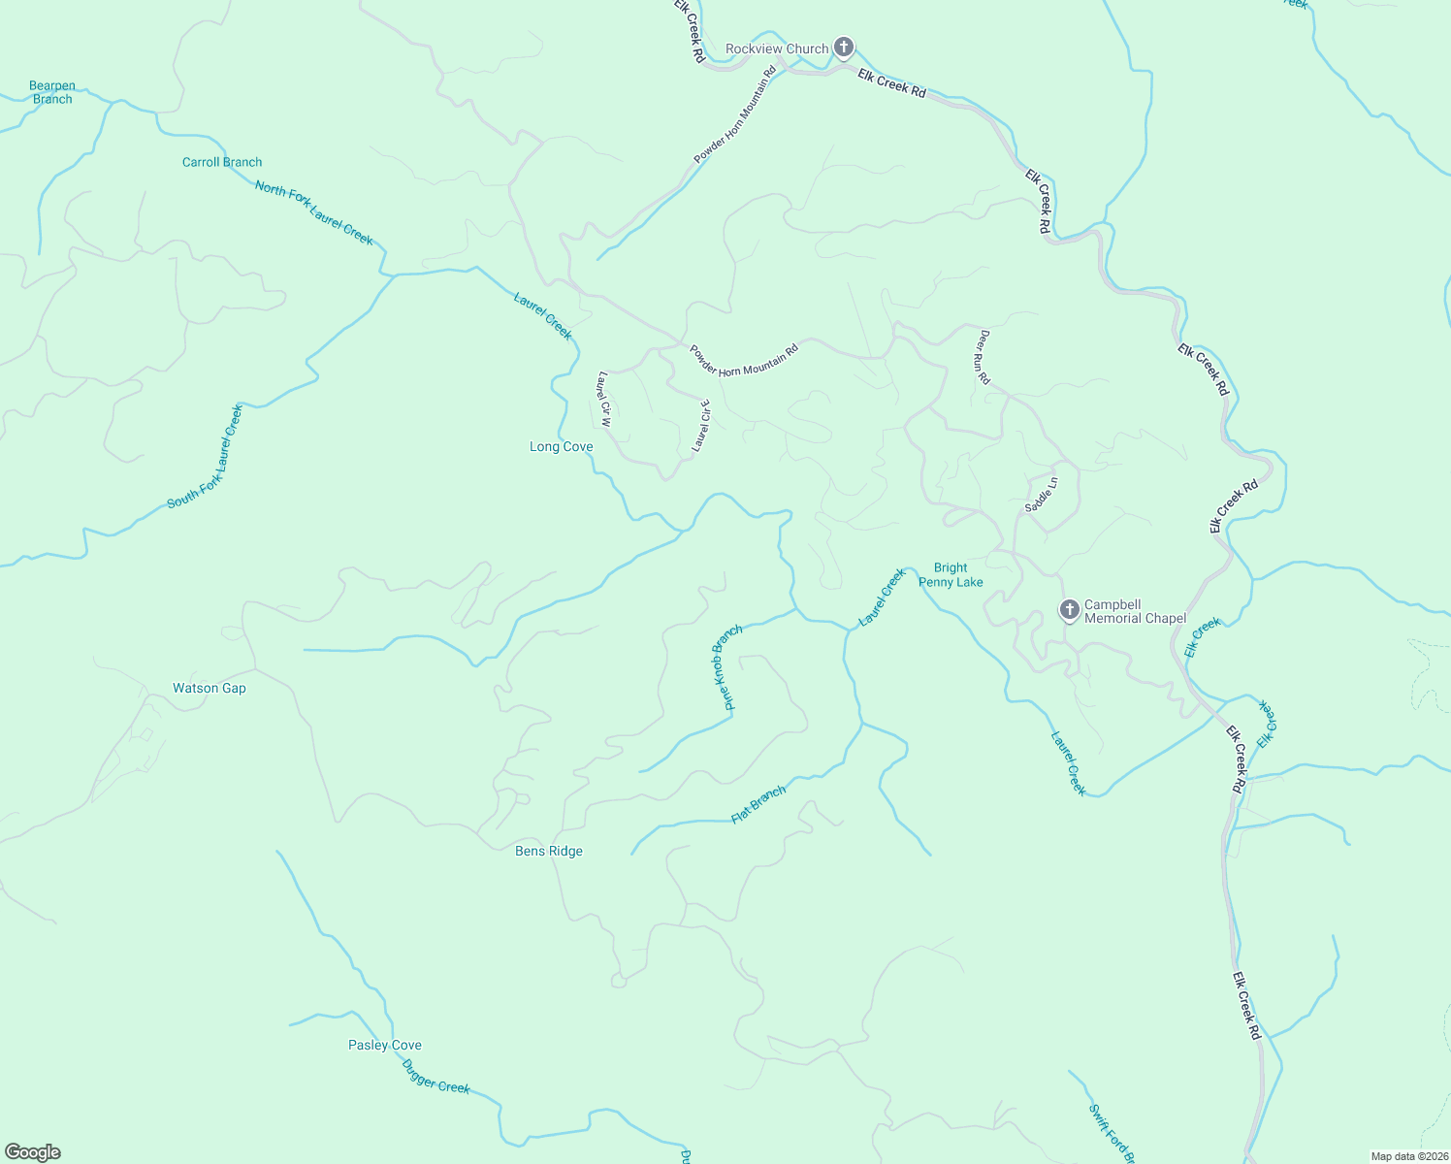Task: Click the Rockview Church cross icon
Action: (x=844, y=48)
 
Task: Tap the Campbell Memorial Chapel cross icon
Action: (x=1069, y=610)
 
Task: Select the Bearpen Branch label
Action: (x=52, y=92)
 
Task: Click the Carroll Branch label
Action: (x=222, y=162)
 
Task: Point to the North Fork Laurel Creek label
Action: (x=313, y=212)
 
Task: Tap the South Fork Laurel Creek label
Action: (x=205, y=456)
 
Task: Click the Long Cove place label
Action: (x=561, y=447)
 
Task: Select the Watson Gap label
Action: (x=210, y=689)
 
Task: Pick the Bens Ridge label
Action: (x=549, y=852)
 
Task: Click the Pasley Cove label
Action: (x=385, y=1046)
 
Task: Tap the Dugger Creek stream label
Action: (x=435, y=1076)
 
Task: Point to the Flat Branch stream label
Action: (x=758, y=805)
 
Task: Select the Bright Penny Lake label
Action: (x=951, y=575)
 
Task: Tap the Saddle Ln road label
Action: (x=1042, y=495)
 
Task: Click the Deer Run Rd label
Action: (x=983, y=357)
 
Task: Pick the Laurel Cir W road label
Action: (x=605, y=400)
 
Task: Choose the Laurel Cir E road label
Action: (x=701, y=426)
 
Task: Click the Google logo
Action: (x=33, y=1152)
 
